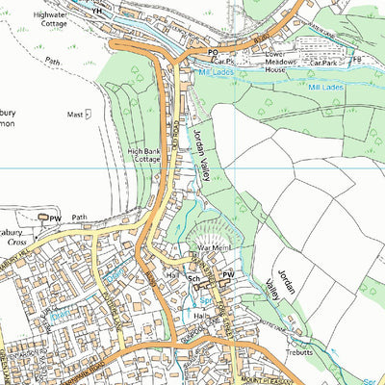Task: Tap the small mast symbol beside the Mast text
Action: [89, 114]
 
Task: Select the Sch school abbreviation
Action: [193, 279]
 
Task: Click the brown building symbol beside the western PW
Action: [43, 218]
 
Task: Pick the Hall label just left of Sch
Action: [172, 275]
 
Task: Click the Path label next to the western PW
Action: [79, 218]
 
